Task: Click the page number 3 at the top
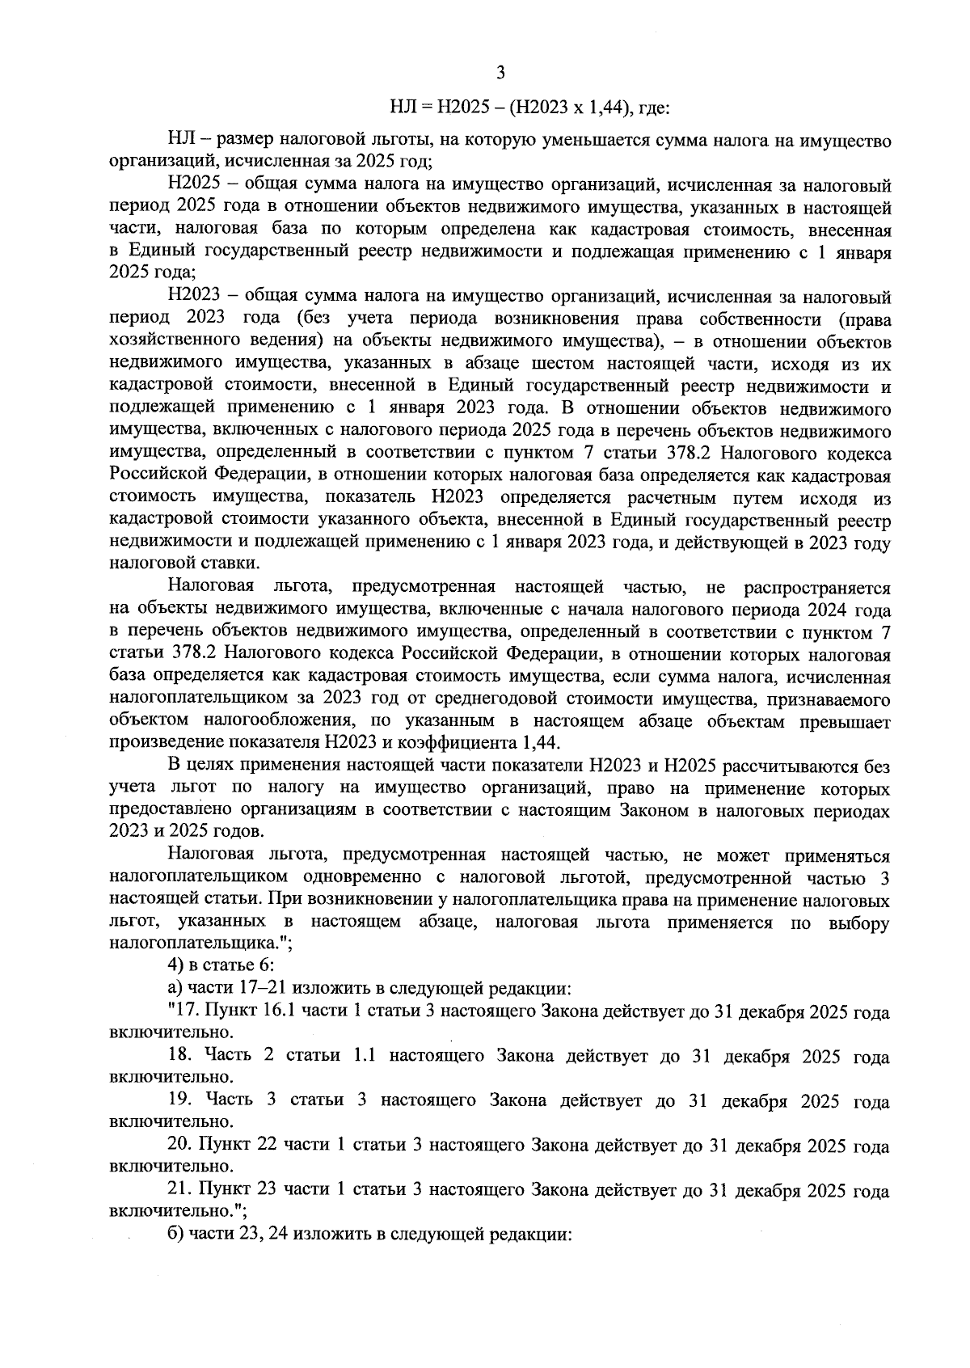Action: (x=500, y=73)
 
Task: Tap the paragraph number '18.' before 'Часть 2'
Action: (x=180, y=1057)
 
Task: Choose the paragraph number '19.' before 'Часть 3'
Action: (x=180, y=1101)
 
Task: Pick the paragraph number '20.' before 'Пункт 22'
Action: (x=179, y=1146)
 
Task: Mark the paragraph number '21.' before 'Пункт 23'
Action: (x=179, y=1191)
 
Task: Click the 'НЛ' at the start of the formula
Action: (x=401, y=108)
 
